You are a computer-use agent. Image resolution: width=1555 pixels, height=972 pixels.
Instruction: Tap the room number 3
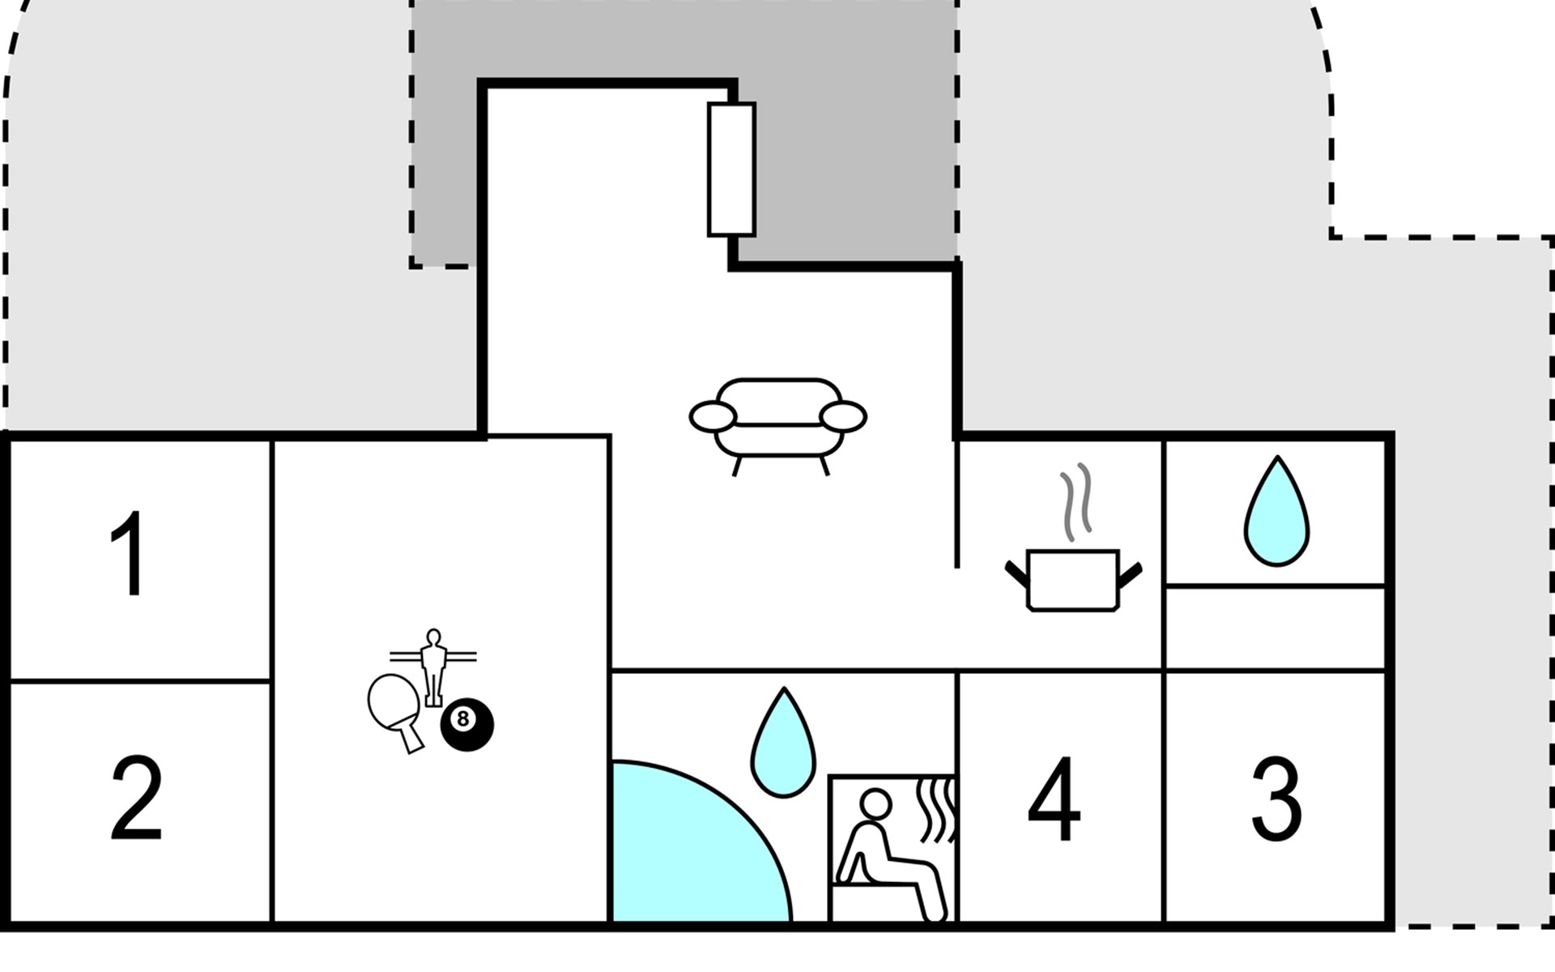tap(1276, 800)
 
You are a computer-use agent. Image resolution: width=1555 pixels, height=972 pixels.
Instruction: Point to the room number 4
tap(1054, 800)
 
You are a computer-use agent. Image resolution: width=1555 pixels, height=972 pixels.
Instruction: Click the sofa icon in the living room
tap(777, 426)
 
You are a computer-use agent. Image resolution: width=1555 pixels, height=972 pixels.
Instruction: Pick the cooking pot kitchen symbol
tap(1073, 580)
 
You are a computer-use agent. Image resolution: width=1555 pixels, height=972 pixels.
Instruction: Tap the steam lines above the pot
tap(1076, 502)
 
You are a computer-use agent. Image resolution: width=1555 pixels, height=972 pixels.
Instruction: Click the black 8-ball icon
tap(466, 724)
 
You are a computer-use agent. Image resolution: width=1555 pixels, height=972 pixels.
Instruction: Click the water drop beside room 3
tap(1276, 512)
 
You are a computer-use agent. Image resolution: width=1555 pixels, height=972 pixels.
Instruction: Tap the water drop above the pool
tap(783, 743)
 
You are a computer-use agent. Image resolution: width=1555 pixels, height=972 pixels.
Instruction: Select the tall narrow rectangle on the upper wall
tap(731, 169)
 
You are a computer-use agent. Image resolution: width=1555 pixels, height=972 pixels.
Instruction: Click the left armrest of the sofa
tap(713, 416)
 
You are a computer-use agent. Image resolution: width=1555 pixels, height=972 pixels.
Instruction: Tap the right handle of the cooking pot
tap(1130, 574)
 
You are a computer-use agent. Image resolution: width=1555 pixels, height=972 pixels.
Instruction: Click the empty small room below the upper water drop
tap(1275, 629)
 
